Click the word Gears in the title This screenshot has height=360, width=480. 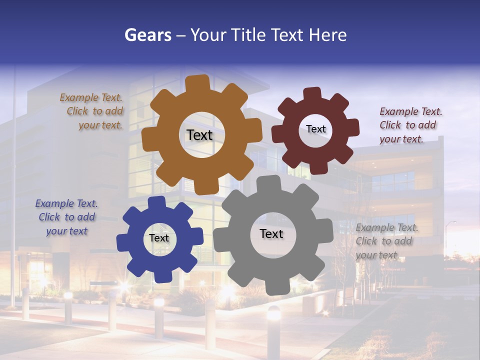click(x=147, y=35)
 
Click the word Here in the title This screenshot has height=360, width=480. click(x=327, y=35)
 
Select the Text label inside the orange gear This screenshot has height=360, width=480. click(x=199, y=135)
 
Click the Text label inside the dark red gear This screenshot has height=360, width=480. click(x=315, y=129)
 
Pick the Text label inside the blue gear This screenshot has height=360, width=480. click(x=159, y=238)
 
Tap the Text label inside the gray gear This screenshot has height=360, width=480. click(x=271, y=233)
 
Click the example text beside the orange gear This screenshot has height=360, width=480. click(x=93, y=111)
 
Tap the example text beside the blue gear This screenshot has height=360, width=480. click(x=66, y=217)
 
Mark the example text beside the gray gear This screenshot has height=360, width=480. click(x=385, y=241)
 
